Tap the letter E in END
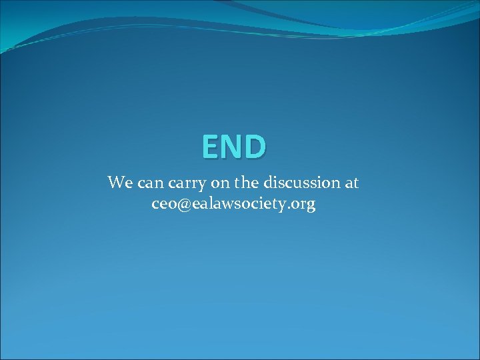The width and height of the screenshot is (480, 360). pyautogui.click(x=213, y=147)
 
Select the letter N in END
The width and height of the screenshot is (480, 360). pyautogui.click(x=234, y=147)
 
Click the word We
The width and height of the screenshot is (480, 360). pyautogui.click(x=120, y=182)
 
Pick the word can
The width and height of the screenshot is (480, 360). pyautogui.click(x=149, y=183)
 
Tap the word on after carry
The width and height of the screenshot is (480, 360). pyautogui.click(x=219, y=183)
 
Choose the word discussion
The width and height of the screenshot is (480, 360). pyautogui.click(x=299, y=182)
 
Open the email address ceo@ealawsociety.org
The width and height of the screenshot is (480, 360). pyautogui.click(x=233, y=204)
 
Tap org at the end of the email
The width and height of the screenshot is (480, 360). pyautogui.click(x=304, y=205)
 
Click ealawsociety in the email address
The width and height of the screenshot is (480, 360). pyautogui.click(x=239, y=204)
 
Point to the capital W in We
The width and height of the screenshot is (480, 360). pyautogui.click(x=115, y=181)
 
